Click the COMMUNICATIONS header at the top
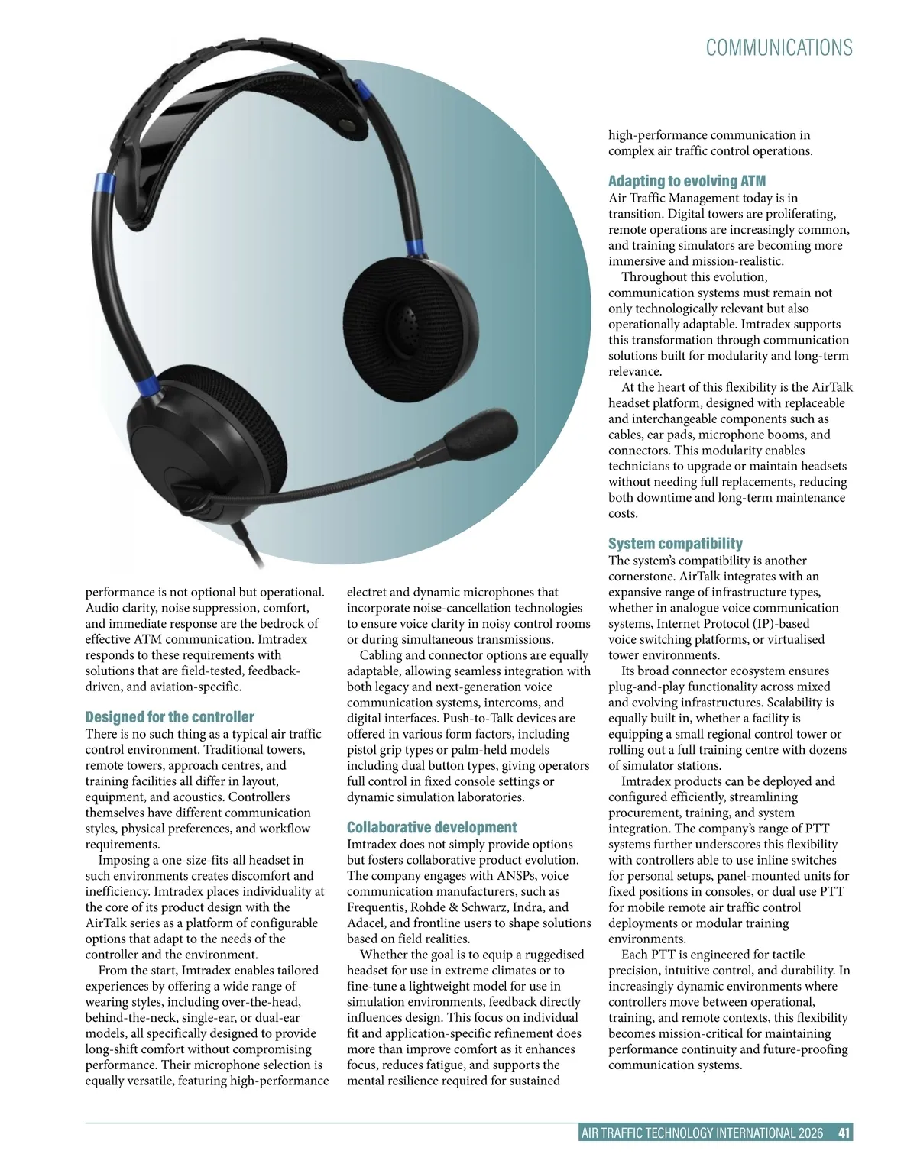click(x=779, y=48)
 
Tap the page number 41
click(x=844, y=1133)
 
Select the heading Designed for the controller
click(x=170, y=717)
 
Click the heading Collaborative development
click(x=432, y=827)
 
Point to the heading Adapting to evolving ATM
click(x=686, y=181)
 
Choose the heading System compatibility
click(x=675, y=544)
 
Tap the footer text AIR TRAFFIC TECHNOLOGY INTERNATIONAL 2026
click(x=702, y=1133)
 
